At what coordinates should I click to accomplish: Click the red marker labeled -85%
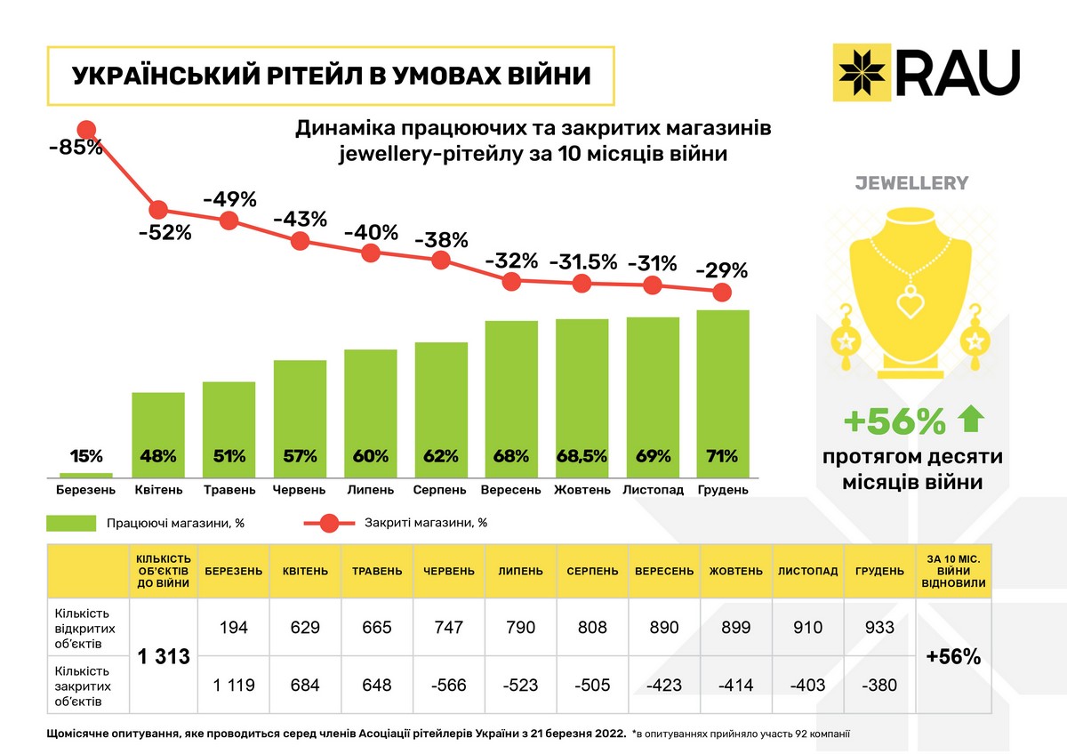click(87, 130)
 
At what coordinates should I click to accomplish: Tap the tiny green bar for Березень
click(87, 475)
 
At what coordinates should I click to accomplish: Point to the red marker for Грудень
click(723, 292)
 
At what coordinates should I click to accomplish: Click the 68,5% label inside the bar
click(582, 457)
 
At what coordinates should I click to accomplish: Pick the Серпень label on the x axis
click(440, 490)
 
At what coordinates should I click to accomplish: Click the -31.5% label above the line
click(582, 262)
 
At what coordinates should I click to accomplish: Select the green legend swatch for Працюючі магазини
click(72, 523)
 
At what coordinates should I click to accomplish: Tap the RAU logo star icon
click(859, 69)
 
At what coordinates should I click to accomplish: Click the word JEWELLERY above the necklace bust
click(911, 183)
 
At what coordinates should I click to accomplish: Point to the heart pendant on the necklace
click(910, 304)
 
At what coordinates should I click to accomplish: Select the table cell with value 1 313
click(164, 657)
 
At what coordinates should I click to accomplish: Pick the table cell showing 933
click(879, 628)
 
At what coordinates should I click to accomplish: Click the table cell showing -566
click(448, 686)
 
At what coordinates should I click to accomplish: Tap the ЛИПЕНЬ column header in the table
click(520, 571)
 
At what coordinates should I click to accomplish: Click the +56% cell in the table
click(953, 657)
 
